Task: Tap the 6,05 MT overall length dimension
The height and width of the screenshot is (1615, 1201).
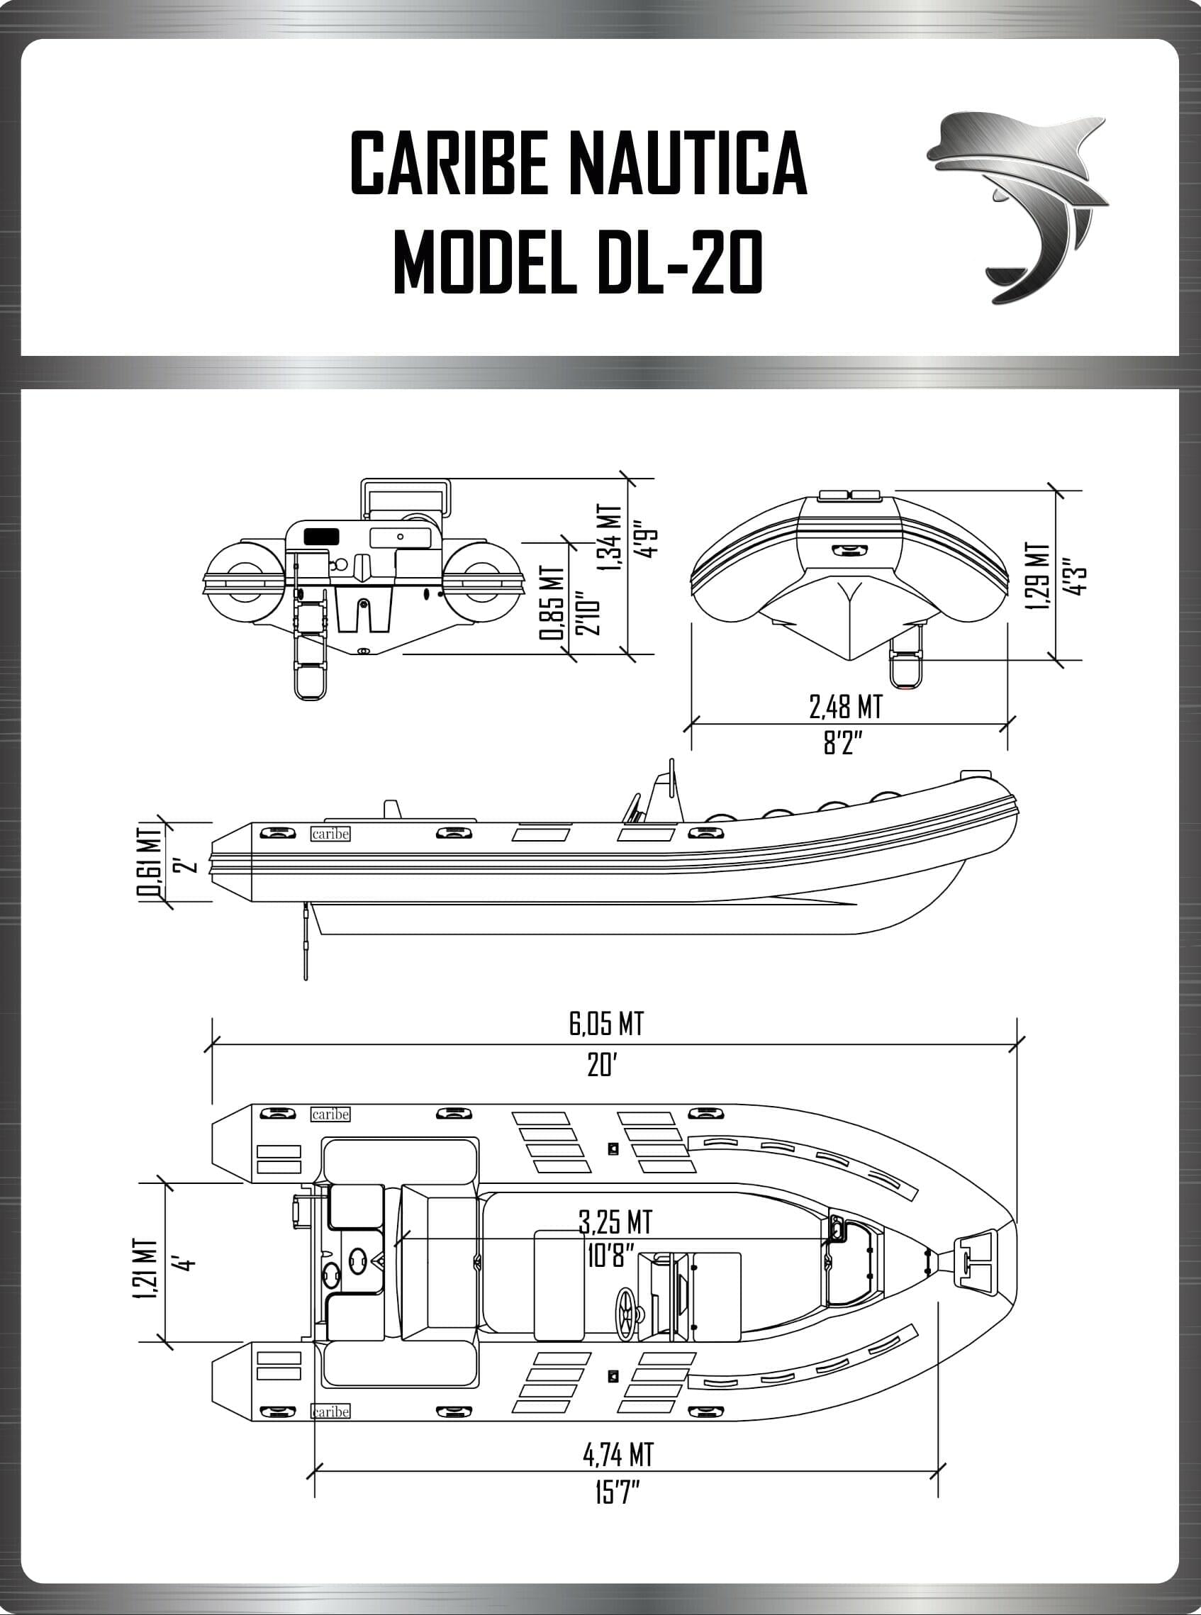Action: coord(605,1024)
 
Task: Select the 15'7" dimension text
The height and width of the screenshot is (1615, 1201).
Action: coord(615,1495)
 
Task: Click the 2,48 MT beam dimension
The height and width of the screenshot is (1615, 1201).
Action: coord(846,705)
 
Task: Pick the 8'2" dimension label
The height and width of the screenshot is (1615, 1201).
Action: coord(843,744)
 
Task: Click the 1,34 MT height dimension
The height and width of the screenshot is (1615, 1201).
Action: coord(610,539)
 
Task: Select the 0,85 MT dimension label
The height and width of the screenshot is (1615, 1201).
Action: coord(551,603)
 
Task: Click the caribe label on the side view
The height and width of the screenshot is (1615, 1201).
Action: coord(330,834)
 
